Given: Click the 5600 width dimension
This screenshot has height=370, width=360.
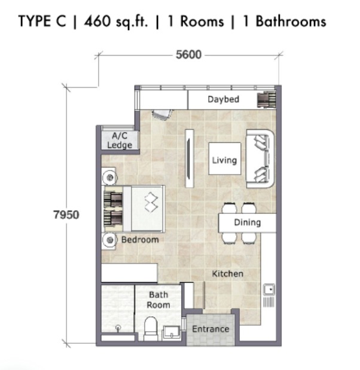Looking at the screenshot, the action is coord(188,55).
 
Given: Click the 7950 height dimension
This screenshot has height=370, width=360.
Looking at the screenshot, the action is coord(66,215).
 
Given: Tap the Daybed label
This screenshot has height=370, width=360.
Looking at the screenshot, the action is coord(223,99).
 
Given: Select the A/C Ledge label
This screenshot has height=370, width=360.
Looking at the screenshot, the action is coord(120,140).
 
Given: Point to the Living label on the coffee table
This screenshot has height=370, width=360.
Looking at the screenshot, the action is coord(224,160).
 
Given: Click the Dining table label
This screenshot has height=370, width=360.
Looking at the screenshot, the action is coord(247,222).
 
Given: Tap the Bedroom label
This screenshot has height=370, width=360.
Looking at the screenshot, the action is coord(140,240).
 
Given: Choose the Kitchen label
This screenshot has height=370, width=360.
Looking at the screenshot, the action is coord(228,274).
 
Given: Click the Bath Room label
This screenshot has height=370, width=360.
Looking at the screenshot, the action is coord(158,299).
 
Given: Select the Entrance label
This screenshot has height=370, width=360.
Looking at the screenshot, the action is coord(210,329).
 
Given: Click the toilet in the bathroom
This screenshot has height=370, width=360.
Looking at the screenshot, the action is coord(151,329).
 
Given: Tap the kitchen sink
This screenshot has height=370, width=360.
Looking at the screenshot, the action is coord(269,289).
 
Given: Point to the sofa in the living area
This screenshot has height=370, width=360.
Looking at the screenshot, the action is coord(260,158).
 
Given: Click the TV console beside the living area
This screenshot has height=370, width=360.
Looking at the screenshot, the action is coord(190,158).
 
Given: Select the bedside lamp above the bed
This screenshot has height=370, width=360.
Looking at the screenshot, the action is coord(109,177).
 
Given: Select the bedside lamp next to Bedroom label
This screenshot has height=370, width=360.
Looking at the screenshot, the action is coord(110,240).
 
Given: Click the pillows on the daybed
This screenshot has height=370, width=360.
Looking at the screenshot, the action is coord(267,100).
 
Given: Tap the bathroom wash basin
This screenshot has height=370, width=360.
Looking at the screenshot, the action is coord(172,333).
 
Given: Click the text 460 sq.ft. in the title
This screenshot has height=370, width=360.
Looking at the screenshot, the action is coord(116,22).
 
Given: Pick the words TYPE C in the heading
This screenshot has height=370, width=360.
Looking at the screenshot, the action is coord(42,21).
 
